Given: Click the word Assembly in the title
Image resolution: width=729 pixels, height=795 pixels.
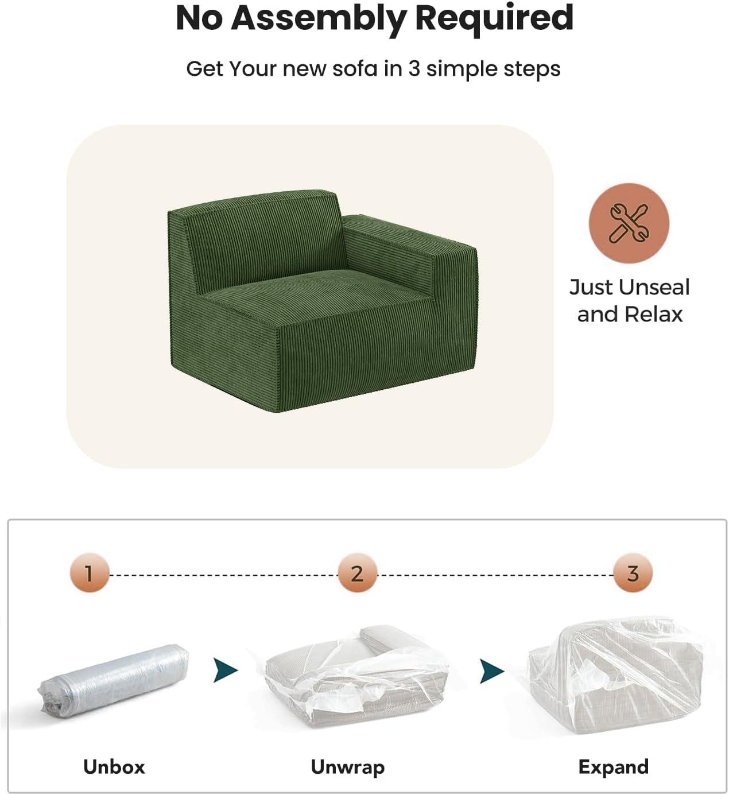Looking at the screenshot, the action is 319,19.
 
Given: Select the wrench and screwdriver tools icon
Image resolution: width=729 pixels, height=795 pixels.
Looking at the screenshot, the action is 629,223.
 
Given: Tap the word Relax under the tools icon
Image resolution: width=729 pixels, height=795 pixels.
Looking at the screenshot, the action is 654,315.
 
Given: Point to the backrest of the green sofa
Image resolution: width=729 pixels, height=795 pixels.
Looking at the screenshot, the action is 259,238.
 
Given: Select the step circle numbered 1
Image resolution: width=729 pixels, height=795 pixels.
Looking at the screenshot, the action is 89,573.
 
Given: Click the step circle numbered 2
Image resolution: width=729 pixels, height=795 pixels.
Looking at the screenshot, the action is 357,573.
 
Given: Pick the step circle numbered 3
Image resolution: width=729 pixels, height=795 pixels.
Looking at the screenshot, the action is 633,573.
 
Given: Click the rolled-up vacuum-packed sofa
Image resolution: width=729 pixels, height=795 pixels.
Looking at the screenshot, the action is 114,680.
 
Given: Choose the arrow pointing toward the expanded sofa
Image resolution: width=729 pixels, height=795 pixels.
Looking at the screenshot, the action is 492,671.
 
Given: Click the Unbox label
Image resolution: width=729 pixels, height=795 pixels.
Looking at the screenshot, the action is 114,766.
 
